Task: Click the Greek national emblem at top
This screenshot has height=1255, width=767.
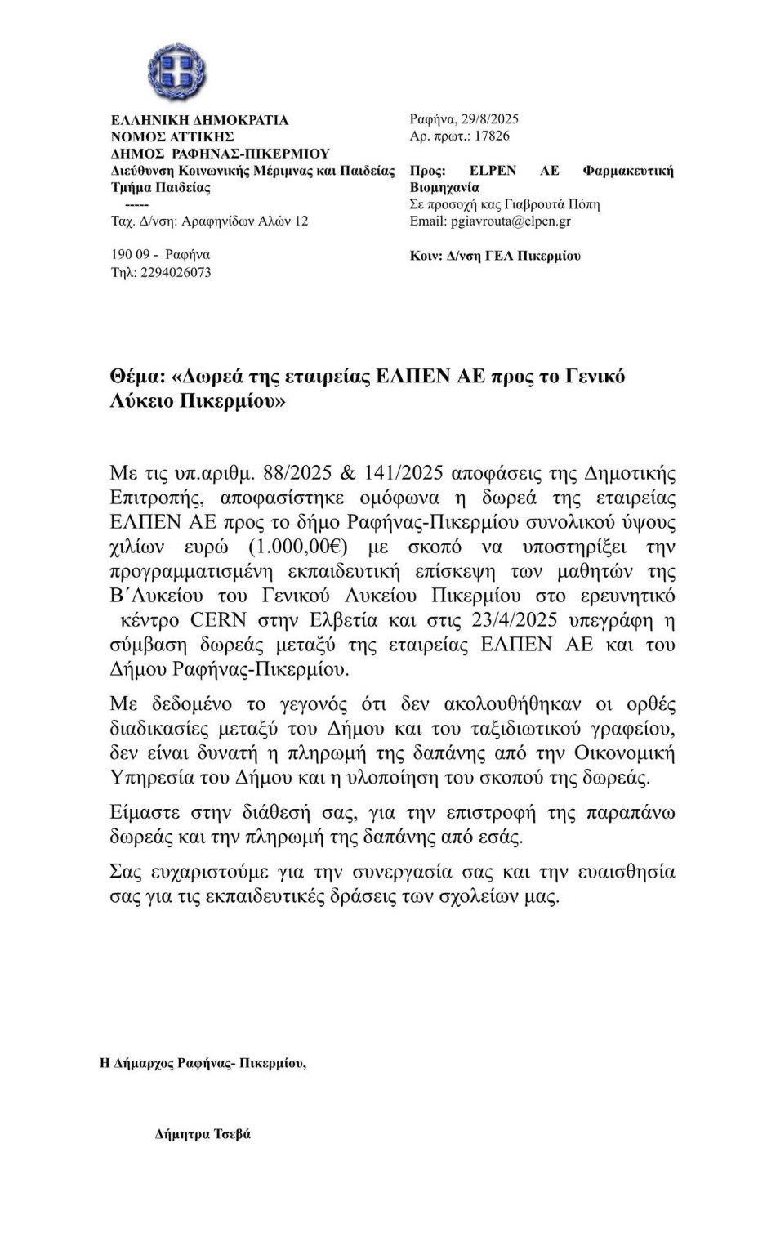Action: click(176, 73)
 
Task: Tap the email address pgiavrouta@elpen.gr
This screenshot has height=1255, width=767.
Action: click(511, 221)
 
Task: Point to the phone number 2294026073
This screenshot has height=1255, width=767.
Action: click(176, 273)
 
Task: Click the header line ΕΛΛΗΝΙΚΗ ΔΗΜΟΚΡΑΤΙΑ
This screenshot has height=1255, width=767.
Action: click(199, 120)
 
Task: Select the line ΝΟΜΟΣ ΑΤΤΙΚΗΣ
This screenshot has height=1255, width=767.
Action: click(172, 137)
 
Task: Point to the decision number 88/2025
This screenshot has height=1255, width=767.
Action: click(294, 473)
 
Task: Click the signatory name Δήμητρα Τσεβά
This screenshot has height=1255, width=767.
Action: click(203, 1134)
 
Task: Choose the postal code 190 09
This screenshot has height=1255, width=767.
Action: click(131, 255)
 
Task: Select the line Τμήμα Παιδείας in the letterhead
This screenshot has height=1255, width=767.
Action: click(161, 188)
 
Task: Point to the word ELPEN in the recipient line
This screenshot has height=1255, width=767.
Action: click(493, 171)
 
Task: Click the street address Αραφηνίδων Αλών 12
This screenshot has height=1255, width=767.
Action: click(245, 221)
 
